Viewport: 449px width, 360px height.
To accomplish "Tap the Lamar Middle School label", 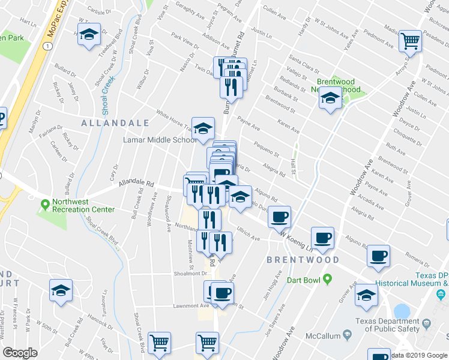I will [x=160, y=140].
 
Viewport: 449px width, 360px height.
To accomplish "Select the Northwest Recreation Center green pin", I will [x=44, y=205].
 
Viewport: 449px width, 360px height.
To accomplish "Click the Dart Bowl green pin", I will [x=327, y=279].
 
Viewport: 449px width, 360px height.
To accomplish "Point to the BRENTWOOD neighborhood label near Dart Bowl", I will [x=303, y=260].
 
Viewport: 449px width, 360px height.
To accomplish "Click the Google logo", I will [x=20, y=352].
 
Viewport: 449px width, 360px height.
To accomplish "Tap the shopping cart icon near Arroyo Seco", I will [x=411, y=41].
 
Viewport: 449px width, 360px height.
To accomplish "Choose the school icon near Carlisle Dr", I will [x=89, y=35].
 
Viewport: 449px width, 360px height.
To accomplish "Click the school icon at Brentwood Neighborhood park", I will [x=330, y=97].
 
